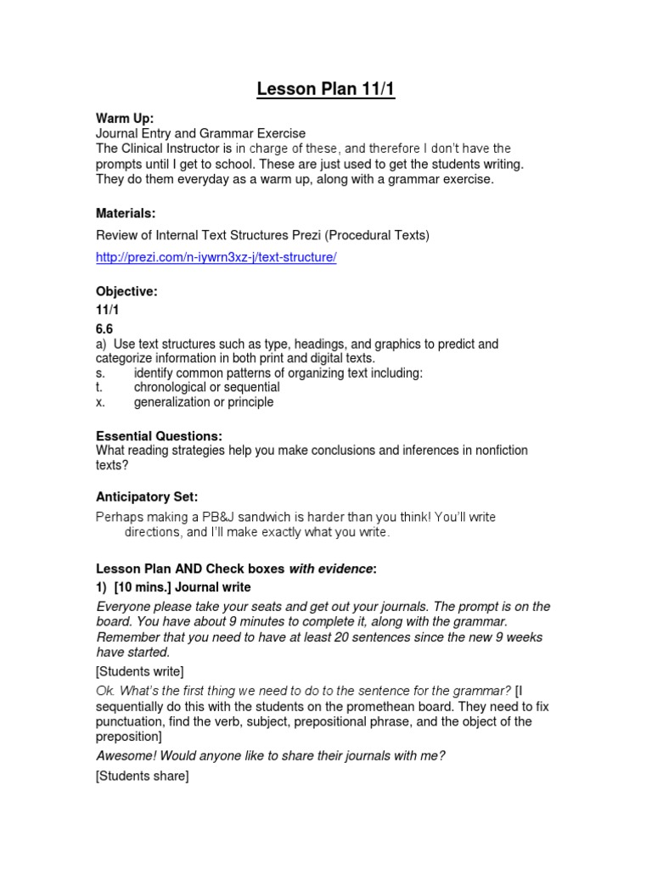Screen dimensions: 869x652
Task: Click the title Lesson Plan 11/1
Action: pos(326,89)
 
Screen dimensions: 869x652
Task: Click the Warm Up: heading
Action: pos(125,119)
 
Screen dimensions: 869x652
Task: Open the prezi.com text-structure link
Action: pos(216,257)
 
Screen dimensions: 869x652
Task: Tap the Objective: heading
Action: pos(126,291)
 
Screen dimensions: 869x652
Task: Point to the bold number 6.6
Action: pos(104,329)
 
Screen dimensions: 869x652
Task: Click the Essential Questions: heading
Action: pos(158,435)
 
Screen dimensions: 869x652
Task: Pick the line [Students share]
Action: pos(142,776)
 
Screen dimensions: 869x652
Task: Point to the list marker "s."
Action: pos(100,373)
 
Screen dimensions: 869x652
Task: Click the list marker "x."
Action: pos(100,402)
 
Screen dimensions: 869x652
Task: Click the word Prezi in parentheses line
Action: pos(305,234)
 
